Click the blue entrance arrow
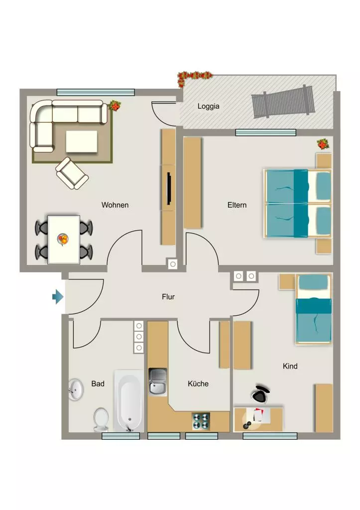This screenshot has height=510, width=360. click(58, 297)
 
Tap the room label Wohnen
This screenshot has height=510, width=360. click(115, 205)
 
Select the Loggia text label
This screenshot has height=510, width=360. click(209, 106)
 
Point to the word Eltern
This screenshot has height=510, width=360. click(237, 205)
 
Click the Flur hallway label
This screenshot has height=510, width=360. click(168, 297)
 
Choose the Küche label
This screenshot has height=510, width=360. click(198, 383)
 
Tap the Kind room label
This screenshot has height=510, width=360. click(290, 366)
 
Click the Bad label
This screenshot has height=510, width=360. click(98, 384)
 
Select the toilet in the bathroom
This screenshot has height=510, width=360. click(101, 419)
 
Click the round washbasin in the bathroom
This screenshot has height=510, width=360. click(76, 389)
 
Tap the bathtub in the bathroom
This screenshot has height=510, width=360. click(129, 401)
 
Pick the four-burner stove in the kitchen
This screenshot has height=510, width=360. click(201, 421)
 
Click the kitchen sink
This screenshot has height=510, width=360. click(158, 382)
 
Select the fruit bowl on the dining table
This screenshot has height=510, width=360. click(63, 240)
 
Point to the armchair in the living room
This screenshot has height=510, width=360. click(72, 173)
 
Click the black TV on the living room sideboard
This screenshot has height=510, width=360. click(169, 189)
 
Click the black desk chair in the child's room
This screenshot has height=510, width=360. click(260, 393)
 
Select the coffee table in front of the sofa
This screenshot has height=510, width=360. click(82, 141)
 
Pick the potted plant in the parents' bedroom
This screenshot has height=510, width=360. click(323, 144)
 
